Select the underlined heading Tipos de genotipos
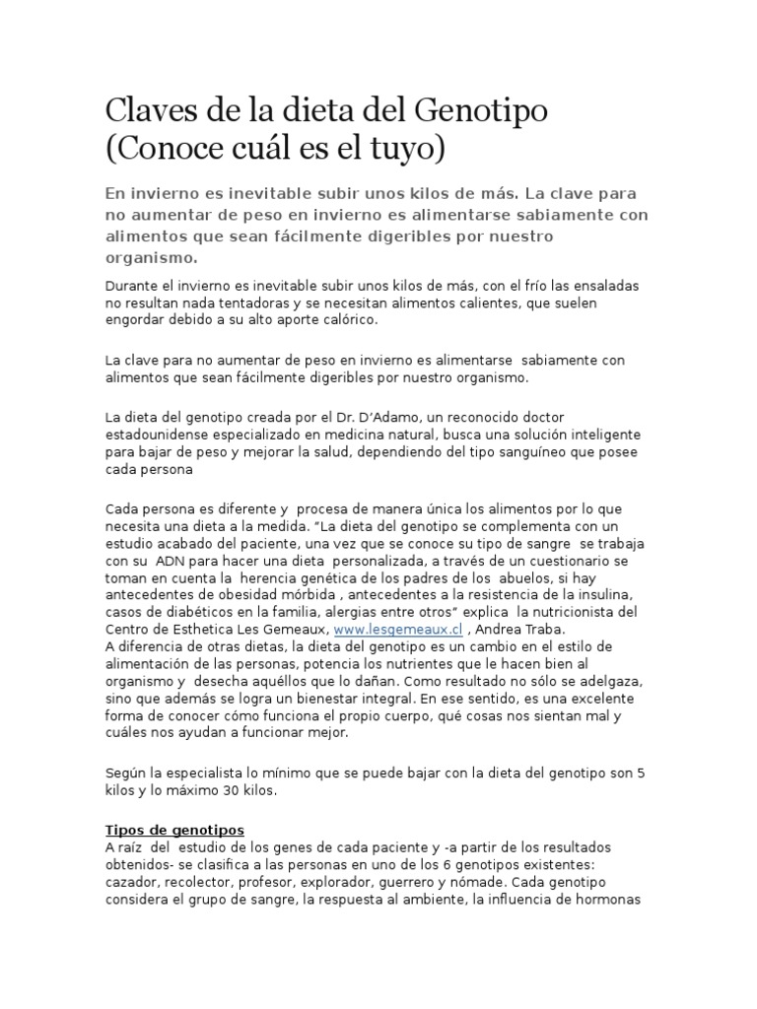tap(174, 830)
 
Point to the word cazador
tap(132, 882)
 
